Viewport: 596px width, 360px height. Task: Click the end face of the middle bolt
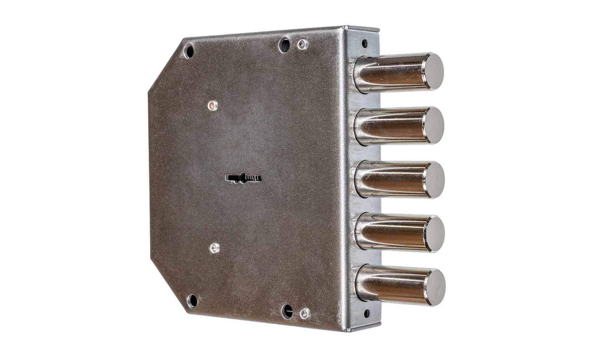pos(433,180)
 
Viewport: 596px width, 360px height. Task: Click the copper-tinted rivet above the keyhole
pos(213,105)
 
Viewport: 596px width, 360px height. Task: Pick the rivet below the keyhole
pos(214,248)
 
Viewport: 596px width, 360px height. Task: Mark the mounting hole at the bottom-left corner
pos(192,300)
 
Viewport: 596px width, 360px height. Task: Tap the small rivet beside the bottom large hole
pos(304,314)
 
